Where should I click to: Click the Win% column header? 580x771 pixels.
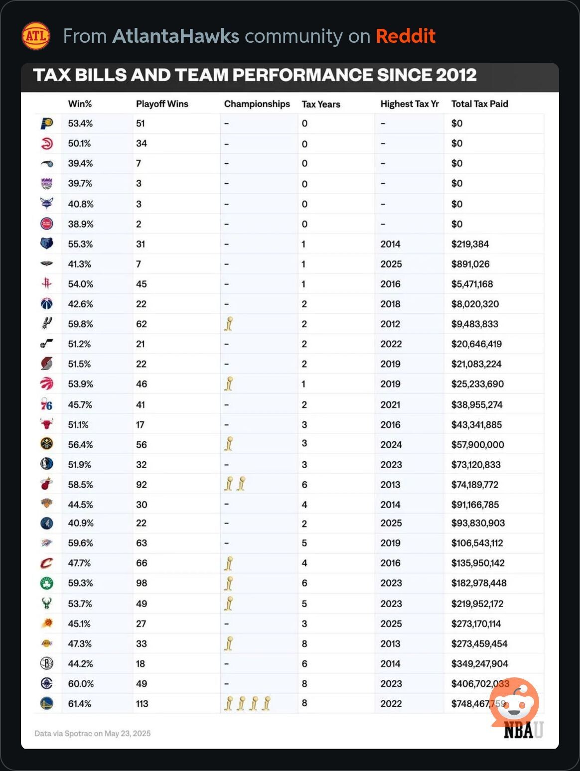point(80,104)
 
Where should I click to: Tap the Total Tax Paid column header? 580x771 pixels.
point(479,104)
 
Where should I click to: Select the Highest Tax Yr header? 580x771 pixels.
point(410,104)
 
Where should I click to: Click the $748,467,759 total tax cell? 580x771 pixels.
point(478,703)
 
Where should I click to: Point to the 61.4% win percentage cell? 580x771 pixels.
point(80,703)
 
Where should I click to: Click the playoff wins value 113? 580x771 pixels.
point(142,703)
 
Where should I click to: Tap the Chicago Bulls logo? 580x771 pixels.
point(46,424)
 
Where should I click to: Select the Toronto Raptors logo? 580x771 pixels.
point(46,384)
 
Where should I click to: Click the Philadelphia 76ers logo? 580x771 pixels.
point(46,404)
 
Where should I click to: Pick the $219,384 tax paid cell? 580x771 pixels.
point(470,244)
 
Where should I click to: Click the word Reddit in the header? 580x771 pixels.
point(406,36)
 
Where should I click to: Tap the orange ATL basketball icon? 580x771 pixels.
point(36,36)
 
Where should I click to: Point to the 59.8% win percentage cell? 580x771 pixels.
point(81,324)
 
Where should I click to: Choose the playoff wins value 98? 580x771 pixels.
point(142,583)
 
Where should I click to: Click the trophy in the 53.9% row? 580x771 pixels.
point(229,384)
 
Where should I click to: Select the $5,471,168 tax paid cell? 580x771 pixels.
point(472,284)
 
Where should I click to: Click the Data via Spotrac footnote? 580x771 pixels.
point(92,733)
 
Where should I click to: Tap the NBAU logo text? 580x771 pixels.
point(523,730)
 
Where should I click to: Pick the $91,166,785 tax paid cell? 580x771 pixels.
point(475,504)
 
